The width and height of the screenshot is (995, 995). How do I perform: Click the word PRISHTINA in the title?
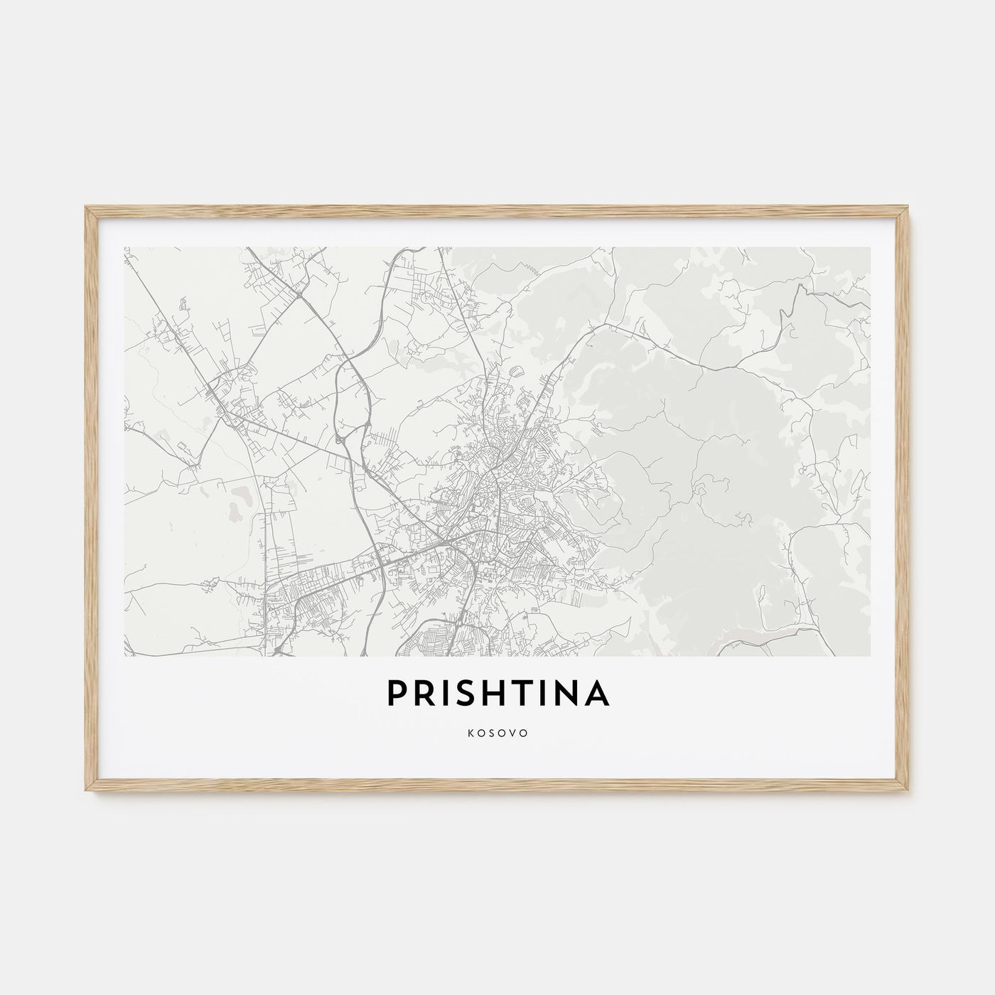coord(497,694)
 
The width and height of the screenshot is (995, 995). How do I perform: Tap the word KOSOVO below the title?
coord(497,733)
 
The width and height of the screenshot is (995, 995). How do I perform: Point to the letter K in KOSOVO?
coord(470,733)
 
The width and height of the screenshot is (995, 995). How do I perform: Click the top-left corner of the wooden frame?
coord(85,207)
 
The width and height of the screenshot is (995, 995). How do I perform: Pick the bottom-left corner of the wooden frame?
coord(85,792)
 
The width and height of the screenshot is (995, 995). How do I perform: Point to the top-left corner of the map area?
coord(124,247)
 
